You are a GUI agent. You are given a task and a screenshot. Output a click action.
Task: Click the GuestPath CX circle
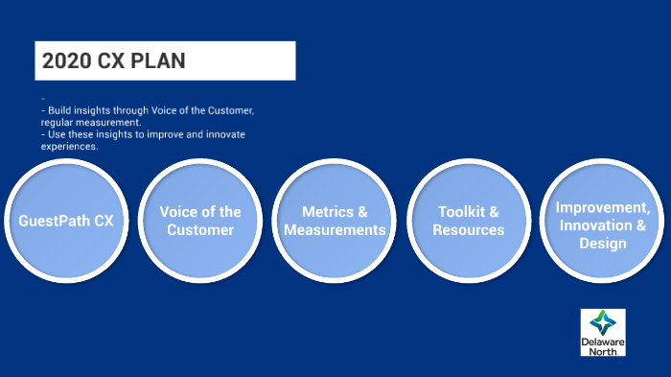[66, 221]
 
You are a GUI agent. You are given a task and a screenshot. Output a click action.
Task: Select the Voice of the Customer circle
[200, 221]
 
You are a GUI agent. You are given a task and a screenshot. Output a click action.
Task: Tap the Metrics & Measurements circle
[335, 221]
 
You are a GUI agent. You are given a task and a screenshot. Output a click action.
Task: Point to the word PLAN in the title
[157, 61]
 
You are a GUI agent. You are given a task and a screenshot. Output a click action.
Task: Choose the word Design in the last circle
[602, 244]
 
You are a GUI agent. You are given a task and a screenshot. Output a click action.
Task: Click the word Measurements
[335, 230]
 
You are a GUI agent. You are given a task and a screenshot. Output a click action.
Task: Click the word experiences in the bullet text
[69, 147]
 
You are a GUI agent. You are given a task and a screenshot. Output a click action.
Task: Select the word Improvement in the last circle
[596, 209]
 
